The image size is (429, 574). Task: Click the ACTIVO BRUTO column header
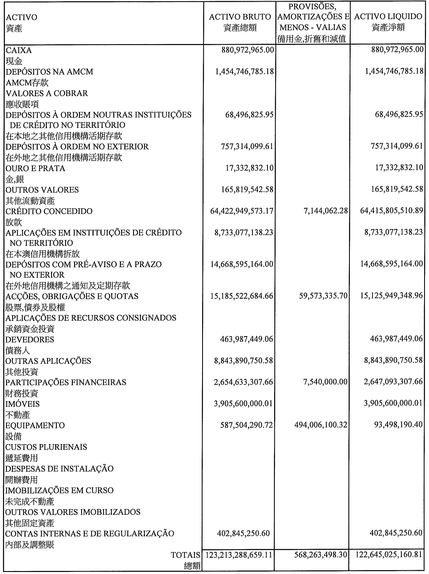pos(239,17)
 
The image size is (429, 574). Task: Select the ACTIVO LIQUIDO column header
pos(388,17)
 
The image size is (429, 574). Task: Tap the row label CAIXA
pos(19,50)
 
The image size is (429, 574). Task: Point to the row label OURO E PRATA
pos(35,168)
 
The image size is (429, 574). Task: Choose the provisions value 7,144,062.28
pos(325,211)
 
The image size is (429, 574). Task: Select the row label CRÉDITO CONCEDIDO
pos(49,211)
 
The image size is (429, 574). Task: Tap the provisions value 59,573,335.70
pos(323,296)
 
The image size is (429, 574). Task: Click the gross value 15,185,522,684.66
pos(242,296)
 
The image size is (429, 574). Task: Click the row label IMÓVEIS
pos(23,404)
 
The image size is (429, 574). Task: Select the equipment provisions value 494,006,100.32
pos(321,425)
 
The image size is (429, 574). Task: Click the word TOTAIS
pos(186,555)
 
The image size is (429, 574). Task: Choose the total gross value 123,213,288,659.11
pos(239,555)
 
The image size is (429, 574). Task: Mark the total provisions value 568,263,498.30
pos(321,555)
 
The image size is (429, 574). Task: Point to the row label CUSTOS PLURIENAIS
pos(46,447)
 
